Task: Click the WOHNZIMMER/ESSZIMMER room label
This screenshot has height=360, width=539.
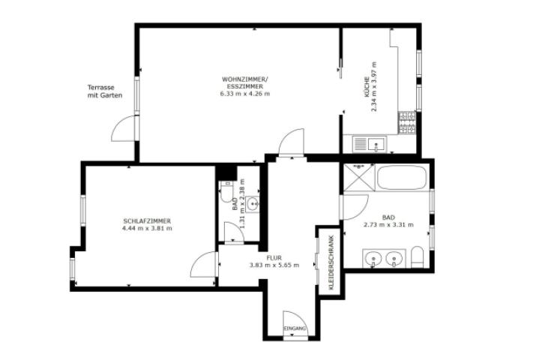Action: [244, 82]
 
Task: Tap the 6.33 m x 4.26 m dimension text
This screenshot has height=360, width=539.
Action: [244, 94]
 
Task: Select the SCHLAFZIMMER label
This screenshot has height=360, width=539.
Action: [147, 220]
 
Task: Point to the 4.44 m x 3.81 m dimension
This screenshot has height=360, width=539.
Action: [147, 228]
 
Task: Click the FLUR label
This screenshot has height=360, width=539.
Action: [274, 257]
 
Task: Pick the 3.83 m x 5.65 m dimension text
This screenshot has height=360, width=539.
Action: [274, 265]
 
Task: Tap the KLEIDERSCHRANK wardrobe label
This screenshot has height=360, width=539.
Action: [331, 263]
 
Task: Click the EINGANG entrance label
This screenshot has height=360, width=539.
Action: [295, 329]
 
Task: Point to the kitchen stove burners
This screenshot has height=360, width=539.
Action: [407, 122]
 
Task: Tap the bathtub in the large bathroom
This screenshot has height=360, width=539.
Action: [402, 178]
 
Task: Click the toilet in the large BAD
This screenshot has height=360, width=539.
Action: [418, 259]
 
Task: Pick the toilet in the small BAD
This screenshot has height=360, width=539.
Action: [227, 195]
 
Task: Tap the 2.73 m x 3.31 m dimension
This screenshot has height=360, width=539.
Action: [388, 224]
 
